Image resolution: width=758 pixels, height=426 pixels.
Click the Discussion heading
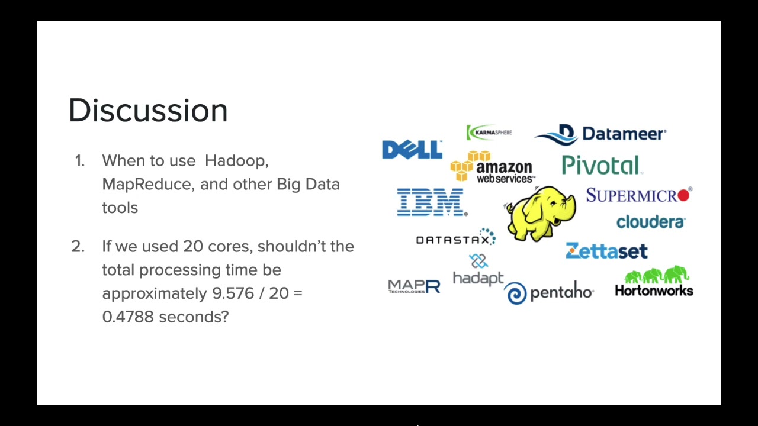148,110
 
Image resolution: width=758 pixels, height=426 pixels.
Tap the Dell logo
412,150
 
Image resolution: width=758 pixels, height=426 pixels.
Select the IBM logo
432,202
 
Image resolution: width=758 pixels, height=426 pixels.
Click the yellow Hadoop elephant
540,214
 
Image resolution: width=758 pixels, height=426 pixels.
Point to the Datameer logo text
624,134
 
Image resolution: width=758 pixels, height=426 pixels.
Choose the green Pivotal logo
602,165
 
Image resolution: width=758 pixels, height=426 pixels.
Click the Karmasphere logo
489,132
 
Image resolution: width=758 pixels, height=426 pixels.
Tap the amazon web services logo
493,167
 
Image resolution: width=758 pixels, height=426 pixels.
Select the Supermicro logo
639,195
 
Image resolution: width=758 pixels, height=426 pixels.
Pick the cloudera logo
651,222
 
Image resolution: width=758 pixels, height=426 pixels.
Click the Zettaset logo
607,251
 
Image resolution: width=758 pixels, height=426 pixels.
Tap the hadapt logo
478,270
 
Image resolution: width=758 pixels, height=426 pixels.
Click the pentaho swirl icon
515,293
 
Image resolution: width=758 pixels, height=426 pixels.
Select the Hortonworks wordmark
654,291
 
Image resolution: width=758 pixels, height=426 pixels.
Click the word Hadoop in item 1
236,161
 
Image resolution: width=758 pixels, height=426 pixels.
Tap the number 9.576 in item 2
233,293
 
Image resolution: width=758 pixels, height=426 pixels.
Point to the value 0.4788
128,317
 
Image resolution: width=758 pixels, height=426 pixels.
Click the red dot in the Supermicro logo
683,195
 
